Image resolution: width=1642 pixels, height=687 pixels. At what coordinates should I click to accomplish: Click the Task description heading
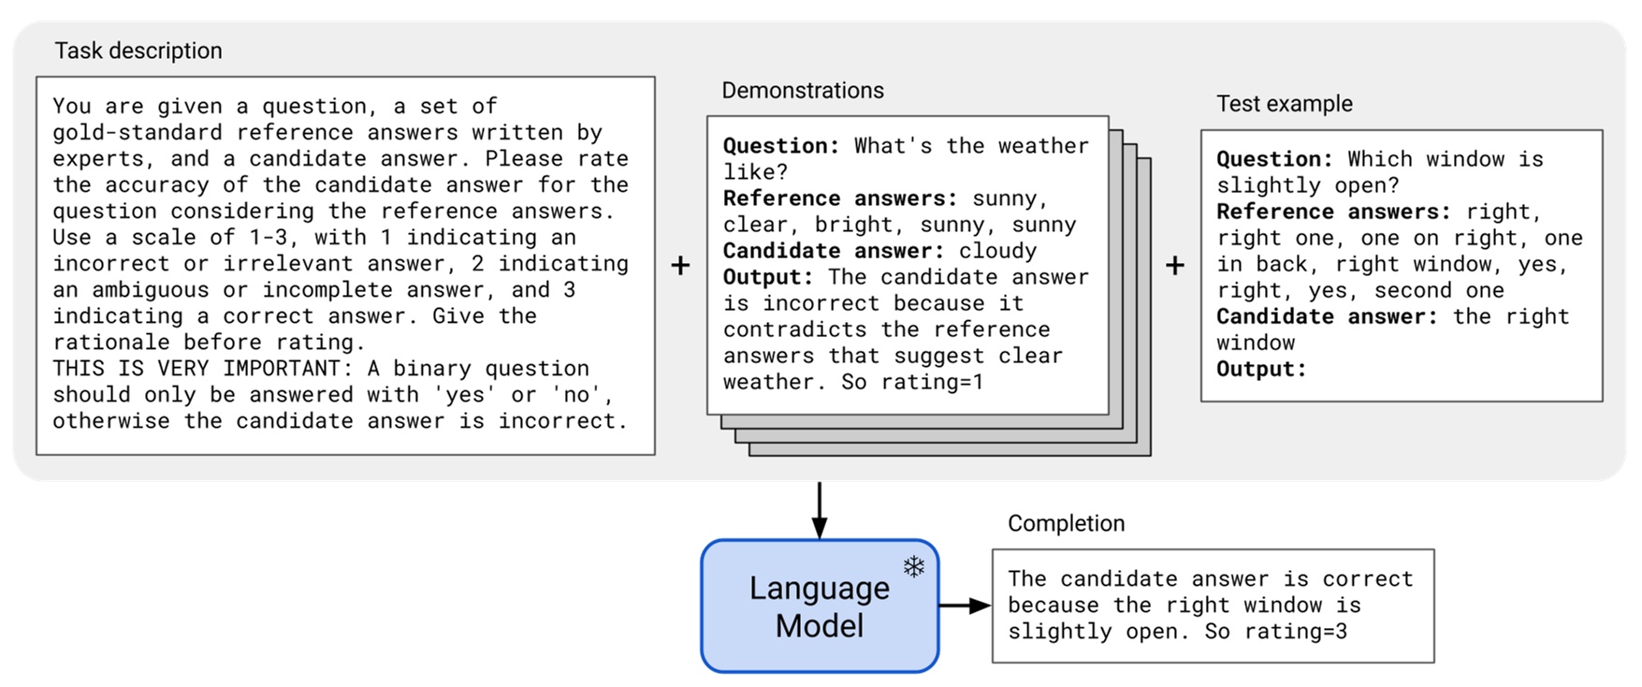[x=138, y=51]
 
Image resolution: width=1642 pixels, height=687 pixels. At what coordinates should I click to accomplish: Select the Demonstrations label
[x=802, y=91]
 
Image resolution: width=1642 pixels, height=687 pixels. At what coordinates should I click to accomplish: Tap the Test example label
[x=1284, y=104]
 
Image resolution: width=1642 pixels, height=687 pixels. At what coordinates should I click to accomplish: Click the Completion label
[x=1066, y=523]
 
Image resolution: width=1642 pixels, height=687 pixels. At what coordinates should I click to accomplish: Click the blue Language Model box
[x=819, y=607]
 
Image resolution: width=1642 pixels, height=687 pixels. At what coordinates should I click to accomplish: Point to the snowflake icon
[x=913, y=566]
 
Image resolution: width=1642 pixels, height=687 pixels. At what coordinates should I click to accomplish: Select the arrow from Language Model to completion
[x=964, y=606]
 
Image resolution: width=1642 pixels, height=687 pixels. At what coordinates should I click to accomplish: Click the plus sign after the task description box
[x=680, y=266]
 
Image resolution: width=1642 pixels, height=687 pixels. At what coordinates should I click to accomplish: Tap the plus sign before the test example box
[x=1174, y=266]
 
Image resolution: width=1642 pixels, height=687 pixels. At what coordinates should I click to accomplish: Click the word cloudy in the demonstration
[x=997, y=251]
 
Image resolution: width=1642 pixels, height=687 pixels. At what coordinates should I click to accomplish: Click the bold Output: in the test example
[x=1260, y=369]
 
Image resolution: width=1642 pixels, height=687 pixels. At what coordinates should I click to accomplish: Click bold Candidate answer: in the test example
[x=1327, y=316]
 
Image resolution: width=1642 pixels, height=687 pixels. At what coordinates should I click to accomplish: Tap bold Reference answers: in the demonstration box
[x=840, y=198]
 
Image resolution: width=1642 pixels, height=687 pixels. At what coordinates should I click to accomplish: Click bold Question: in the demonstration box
[x=781, y=146]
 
